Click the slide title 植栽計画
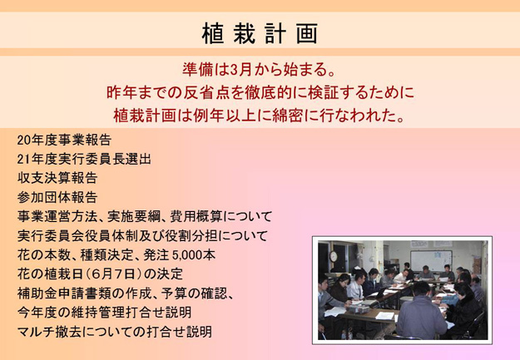(260, 33)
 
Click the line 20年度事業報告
(64, 140)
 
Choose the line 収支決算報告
(57, 179)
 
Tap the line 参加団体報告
(57, 198)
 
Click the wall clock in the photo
(334, 256)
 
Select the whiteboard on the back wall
(431, 260)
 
